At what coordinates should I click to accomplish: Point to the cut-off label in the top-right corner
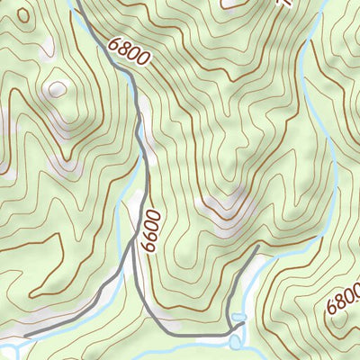click(286, 4)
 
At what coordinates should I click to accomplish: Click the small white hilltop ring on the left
click(58, 89)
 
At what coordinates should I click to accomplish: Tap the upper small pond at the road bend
click(238, 318)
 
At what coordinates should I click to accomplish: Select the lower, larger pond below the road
click(236, 341)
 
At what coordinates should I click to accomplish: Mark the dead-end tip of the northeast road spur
click(258, 245)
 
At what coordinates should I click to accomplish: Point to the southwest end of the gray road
click(25, 336)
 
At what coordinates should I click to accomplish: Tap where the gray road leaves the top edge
click(76, 3)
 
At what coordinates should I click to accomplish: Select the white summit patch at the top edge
click(236, 4)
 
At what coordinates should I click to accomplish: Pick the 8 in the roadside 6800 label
click(122, 49)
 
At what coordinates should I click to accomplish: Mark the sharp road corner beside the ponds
click(229, 330)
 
